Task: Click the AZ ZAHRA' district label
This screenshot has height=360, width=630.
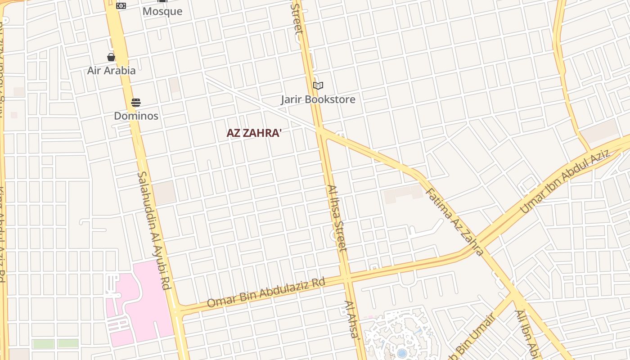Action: pyautogui.click(x=254, y=133)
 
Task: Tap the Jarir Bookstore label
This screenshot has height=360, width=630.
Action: pyautogui.click(x=318, y=99)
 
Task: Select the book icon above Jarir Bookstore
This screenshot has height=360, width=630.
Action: pyautogui.click(x=318, y=85)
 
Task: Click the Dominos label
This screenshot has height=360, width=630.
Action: pyautogui.click(x=136, y=116)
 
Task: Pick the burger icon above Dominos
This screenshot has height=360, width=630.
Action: pyautogui.click(x=136, y=103)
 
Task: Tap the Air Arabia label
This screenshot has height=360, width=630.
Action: pyautogui.click(x=111, y=71)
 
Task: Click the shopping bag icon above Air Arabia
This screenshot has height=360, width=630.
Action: pyautogui.click(x=111, y=57)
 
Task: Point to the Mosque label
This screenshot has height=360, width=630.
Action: pyautogui.click(x=162, y=11)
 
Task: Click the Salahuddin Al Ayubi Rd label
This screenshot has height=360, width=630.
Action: pyautogui.click(x=154, y=229)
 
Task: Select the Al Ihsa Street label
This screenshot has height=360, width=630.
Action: pyautogui.click(x=337, y=218)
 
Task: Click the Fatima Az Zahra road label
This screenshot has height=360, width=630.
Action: pyautogui.click(x=454, y=221)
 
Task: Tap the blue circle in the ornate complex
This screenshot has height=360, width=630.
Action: pyautogui.click(x=402, y=353)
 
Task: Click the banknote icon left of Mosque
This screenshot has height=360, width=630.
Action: pyautogui.click(x=121, y=6)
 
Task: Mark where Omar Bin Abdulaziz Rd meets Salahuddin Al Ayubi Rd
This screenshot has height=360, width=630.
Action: pyautogui.click(x=176, y=310)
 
